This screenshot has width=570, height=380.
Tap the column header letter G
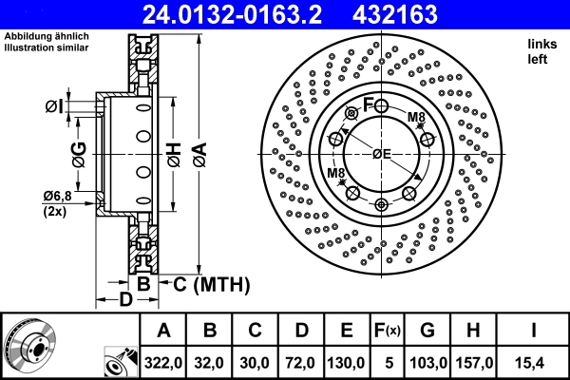427,332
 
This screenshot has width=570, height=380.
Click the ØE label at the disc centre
382,154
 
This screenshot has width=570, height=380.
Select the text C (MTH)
209,283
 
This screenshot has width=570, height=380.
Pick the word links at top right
541,44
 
